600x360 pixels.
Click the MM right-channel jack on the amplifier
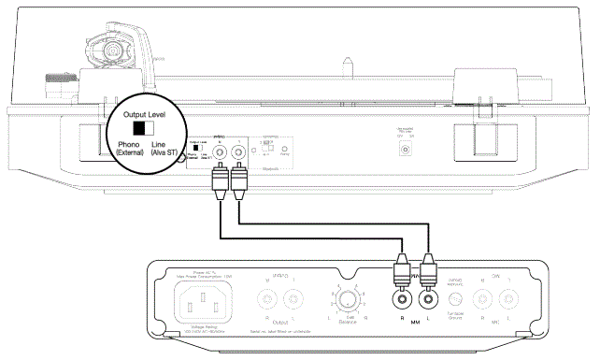pos(401,301)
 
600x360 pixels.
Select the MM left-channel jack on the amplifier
pos(429,301)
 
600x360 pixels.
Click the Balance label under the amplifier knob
pos(349,324)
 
